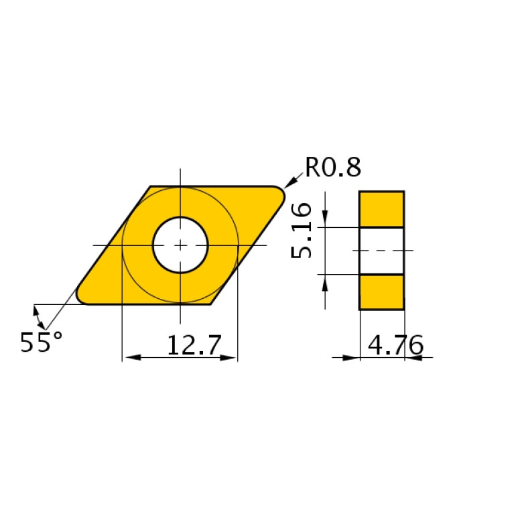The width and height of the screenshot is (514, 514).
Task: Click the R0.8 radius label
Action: pos(333,167)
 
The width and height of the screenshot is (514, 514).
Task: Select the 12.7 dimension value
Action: pos(193,346)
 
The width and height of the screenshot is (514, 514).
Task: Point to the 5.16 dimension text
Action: pos(302,231)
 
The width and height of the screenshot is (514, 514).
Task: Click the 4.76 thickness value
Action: pos(396,346)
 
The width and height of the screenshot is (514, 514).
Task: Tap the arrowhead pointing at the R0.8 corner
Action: pos(290,183)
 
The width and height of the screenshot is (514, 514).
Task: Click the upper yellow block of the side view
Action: pos(381,209)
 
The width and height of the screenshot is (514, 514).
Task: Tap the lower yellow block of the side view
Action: pos(381,292)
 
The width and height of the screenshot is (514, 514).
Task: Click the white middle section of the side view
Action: pos(381,251)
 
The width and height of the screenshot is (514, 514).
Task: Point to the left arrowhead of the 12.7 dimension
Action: pos(129,357)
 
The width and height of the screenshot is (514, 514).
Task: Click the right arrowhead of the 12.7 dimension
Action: pos(230,357)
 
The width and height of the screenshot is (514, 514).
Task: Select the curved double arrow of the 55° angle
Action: pos(40,319)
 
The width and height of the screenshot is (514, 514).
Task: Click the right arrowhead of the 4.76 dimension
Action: pos(412,357)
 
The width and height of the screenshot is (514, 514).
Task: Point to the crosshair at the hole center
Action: pos(180,245)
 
